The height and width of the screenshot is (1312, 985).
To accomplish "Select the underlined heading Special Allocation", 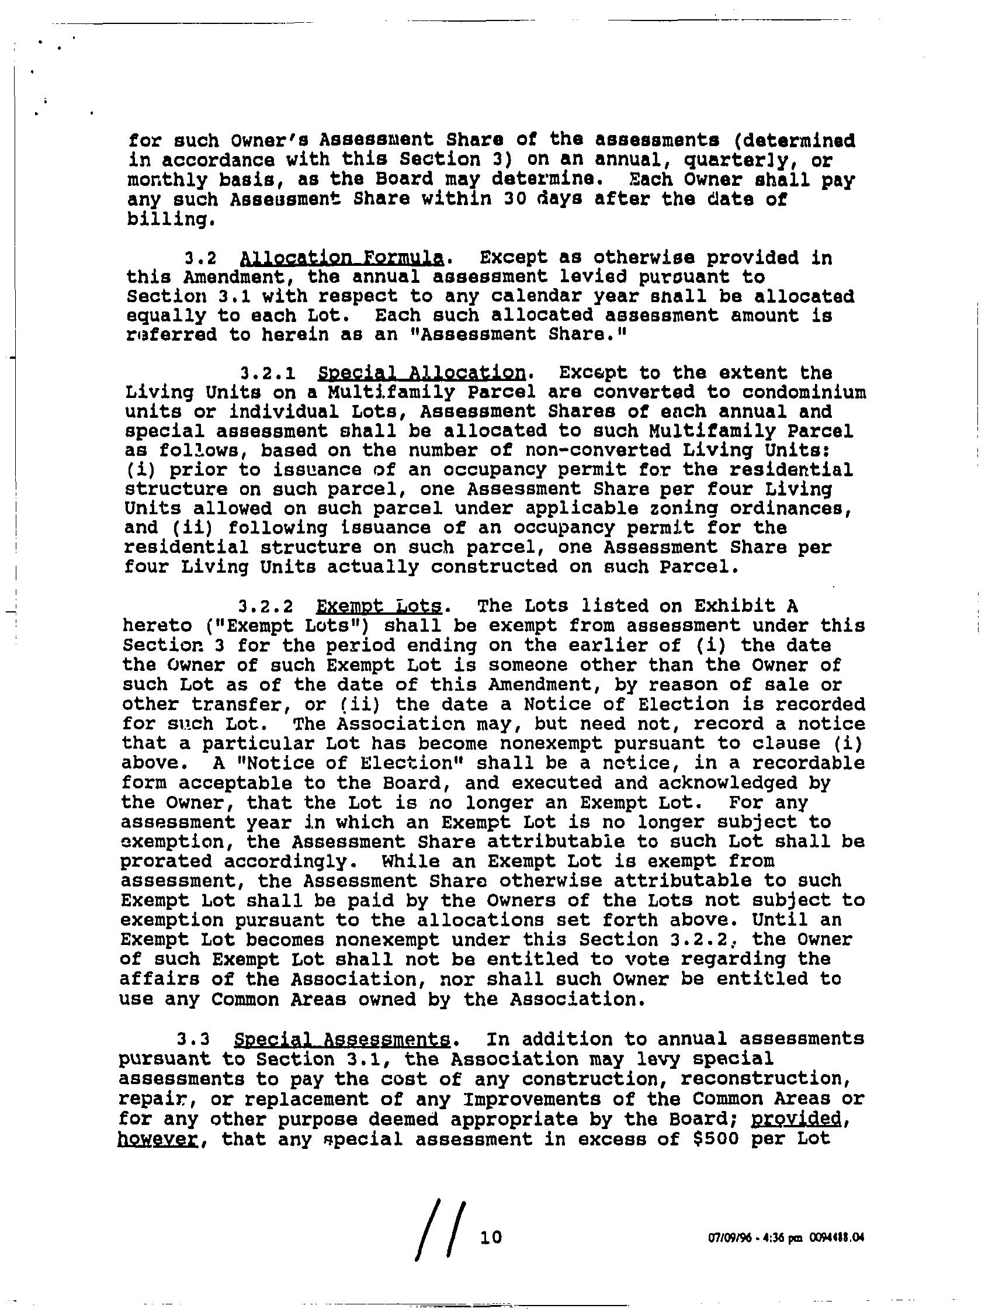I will tap(421, 373).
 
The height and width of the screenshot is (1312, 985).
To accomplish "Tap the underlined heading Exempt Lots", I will tap(379, 606).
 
